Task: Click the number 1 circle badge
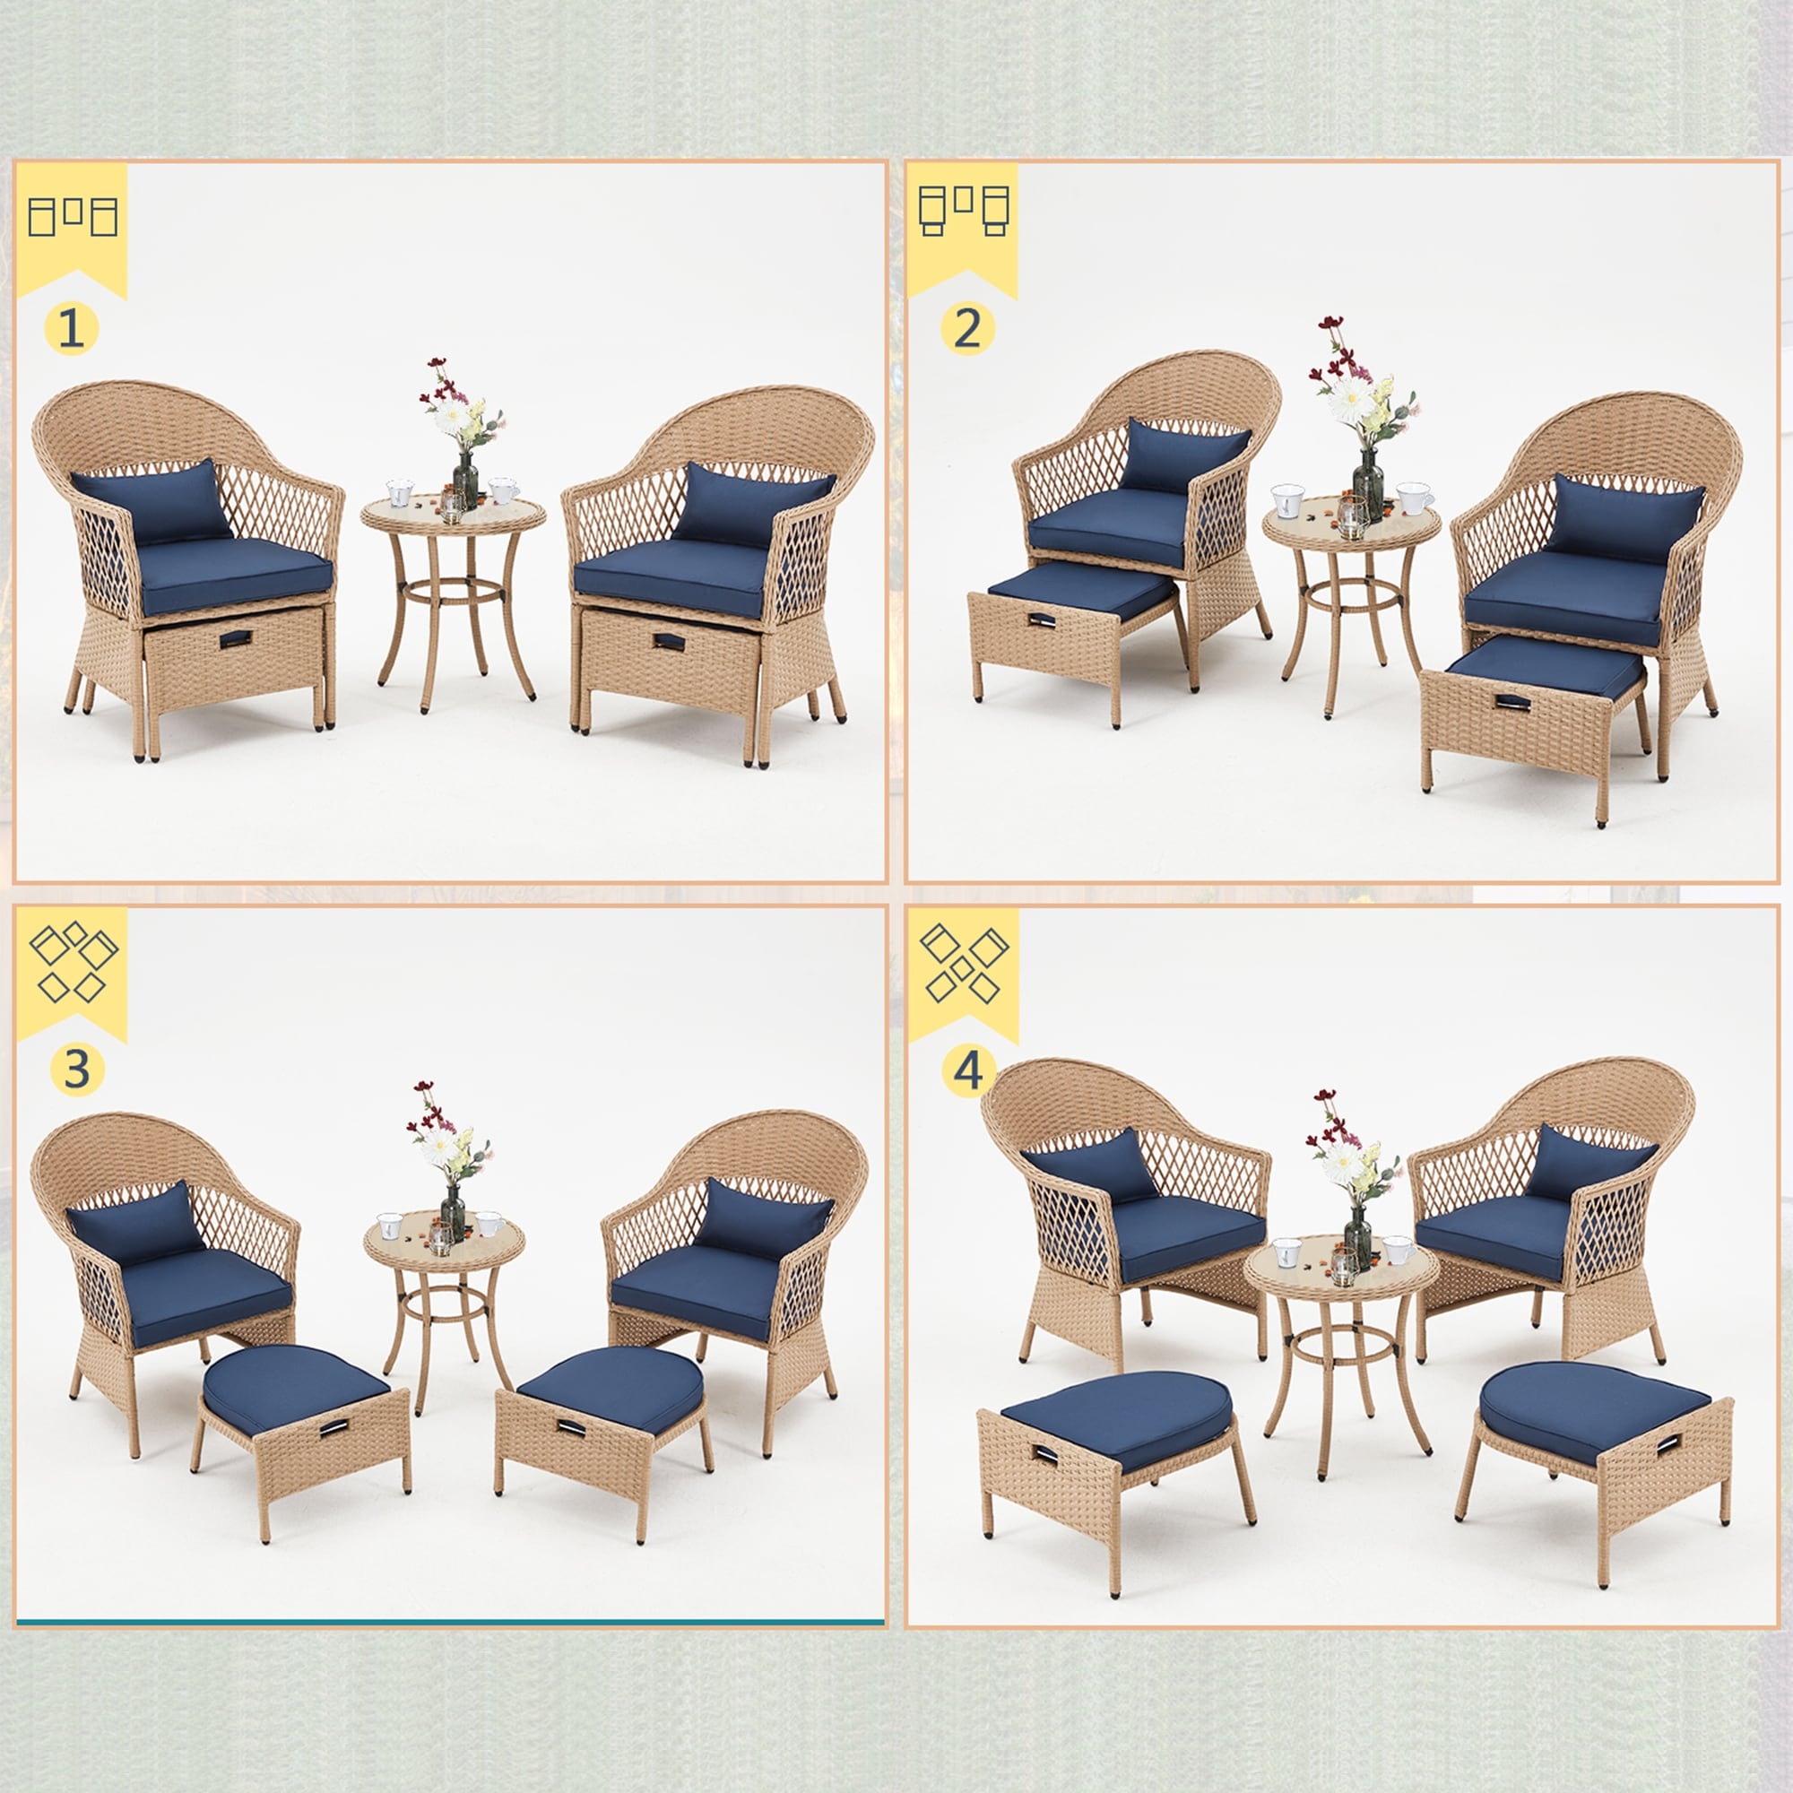click(71, 328)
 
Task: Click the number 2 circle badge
click(966, 328)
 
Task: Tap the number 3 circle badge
click(76, 1070)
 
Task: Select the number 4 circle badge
click(968, 1071)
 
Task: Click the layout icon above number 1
click(72, 216)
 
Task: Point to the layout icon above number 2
click(964, 211)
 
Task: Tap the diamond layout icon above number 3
click(73, 961)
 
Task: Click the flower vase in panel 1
click(465, 481)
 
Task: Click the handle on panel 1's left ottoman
click(235, 639)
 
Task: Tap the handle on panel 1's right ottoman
click(666, 641)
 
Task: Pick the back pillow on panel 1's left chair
click(152, 504)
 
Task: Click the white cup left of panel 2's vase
click(1288, 500)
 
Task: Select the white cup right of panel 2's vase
click(1414, 498)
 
